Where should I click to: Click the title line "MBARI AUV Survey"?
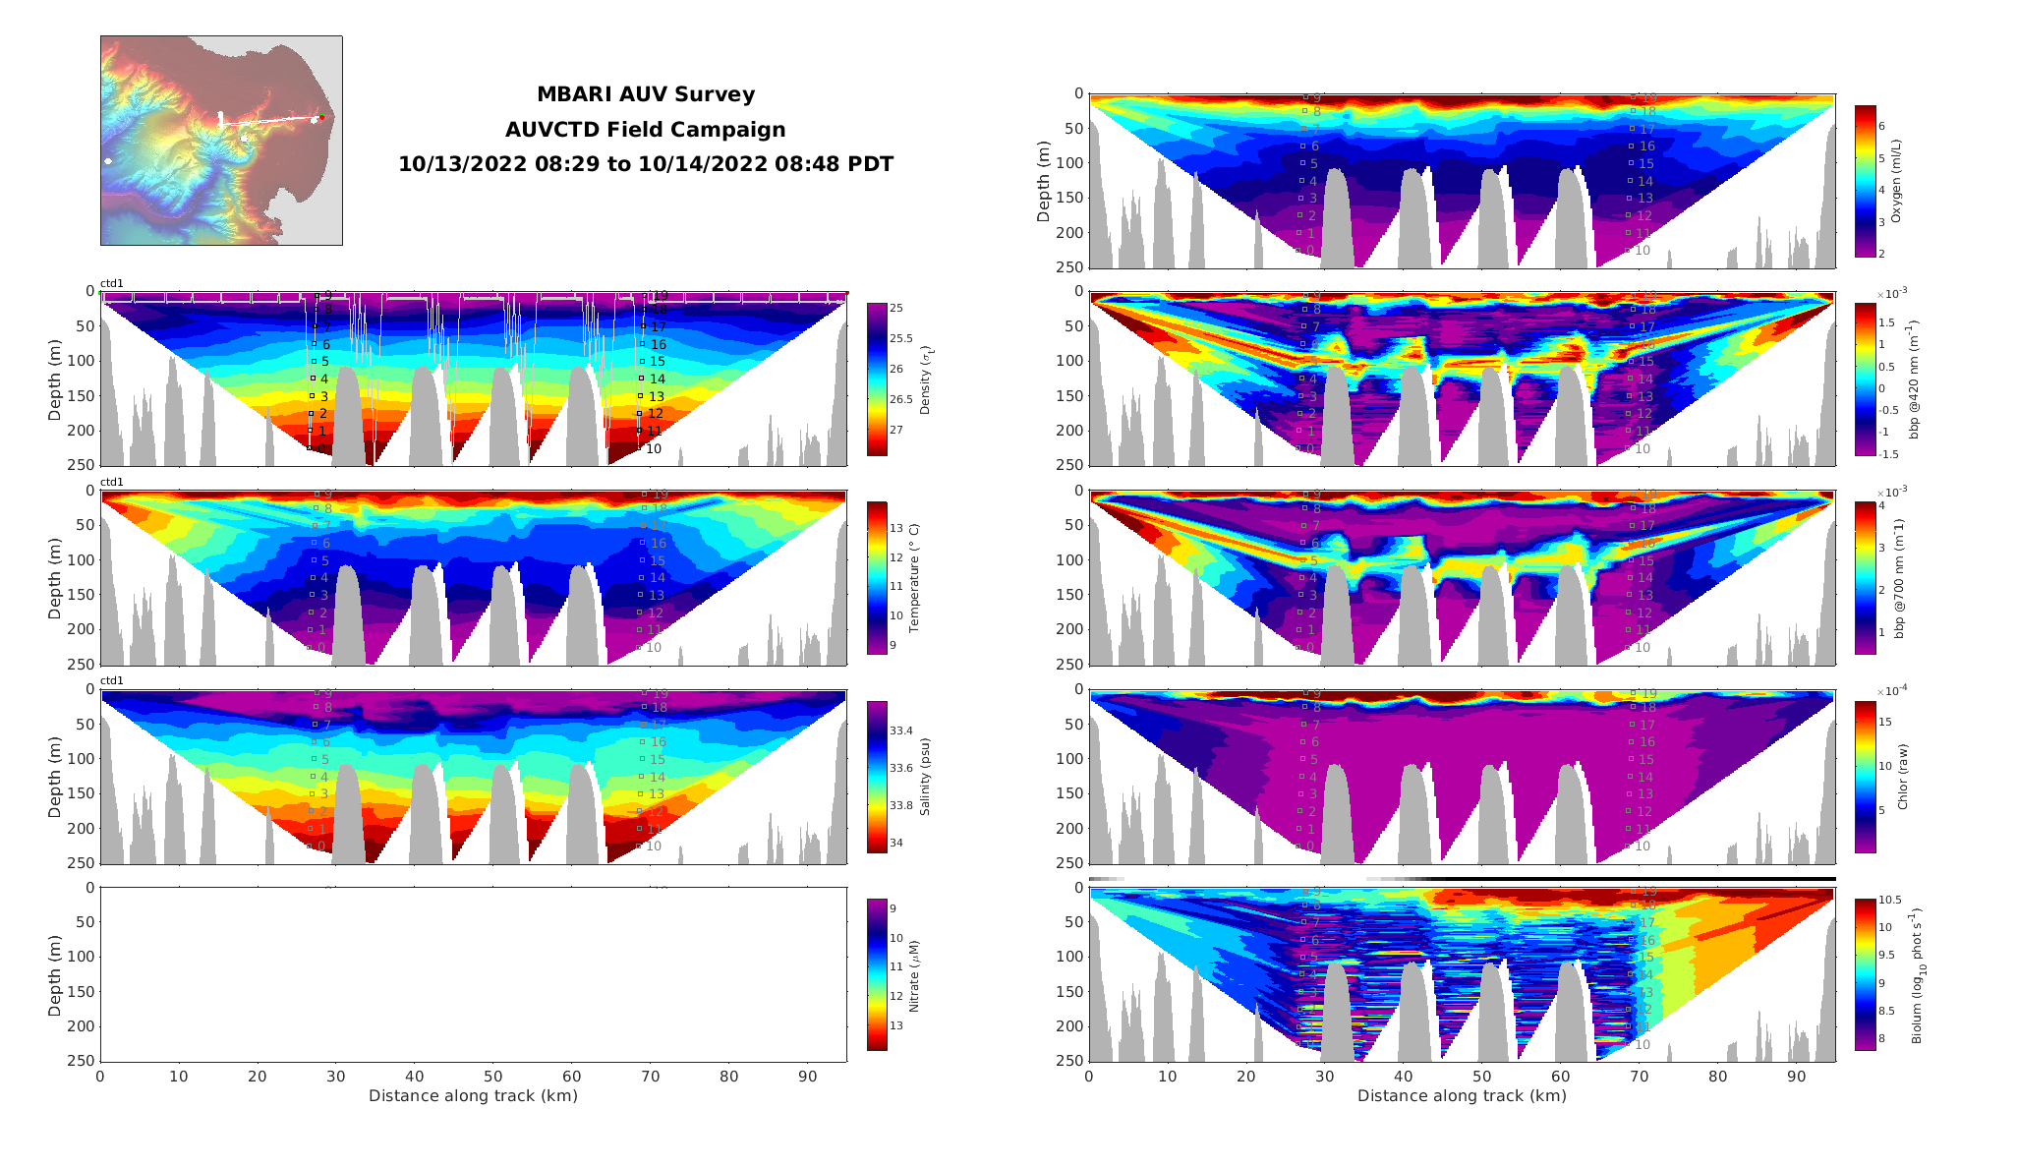[645, 94]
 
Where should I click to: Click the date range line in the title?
[645, 164]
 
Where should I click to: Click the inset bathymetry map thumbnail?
[221, 141]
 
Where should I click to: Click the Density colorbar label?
[925, 380]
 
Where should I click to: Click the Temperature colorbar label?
[913, 578]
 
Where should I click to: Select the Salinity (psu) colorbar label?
[925, 777]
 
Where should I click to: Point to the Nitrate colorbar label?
[913, 975]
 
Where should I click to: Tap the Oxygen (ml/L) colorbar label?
[1896, 181]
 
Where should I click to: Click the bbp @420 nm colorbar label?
[1913, 380]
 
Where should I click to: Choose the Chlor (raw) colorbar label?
[1902, 777]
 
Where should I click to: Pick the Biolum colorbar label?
[1915, 975]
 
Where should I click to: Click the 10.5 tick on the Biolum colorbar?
[1890, 900]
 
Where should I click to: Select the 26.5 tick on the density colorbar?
[900, 399]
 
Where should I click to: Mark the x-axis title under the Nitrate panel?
[473, 1095]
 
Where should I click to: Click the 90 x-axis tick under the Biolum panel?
[1796, 1077]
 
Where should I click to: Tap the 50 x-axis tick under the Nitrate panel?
[492, 1077]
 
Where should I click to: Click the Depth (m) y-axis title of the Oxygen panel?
[1043, 181]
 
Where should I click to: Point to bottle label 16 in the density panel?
[658, 344]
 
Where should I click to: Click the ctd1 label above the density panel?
[112, 283]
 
